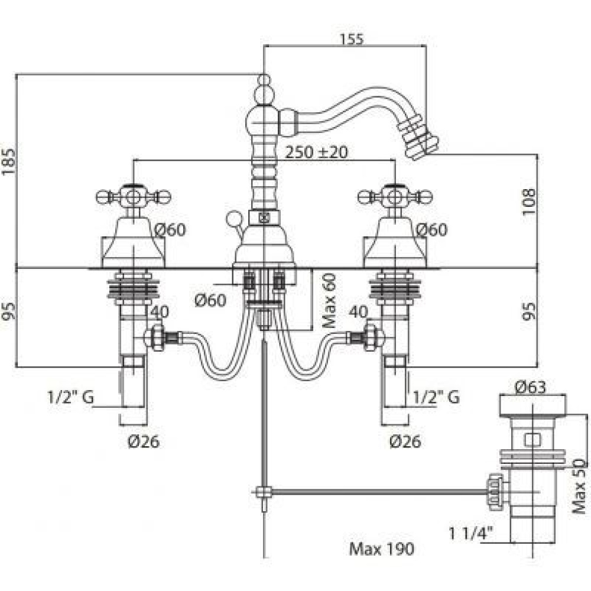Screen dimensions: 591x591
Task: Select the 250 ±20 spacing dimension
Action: pos(316,151)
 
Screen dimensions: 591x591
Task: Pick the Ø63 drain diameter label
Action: pos(530,387)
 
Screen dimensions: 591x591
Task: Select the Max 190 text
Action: pos(381,549)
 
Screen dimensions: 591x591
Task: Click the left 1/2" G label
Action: pos(70,397)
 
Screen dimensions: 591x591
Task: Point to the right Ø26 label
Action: pos(405,440)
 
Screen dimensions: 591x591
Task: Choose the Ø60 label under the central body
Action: pos(210,300)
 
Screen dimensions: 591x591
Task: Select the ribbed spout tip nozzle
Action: pos(421,135)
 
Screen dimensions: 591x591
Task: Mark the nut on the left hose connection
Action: pos(157,337)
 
